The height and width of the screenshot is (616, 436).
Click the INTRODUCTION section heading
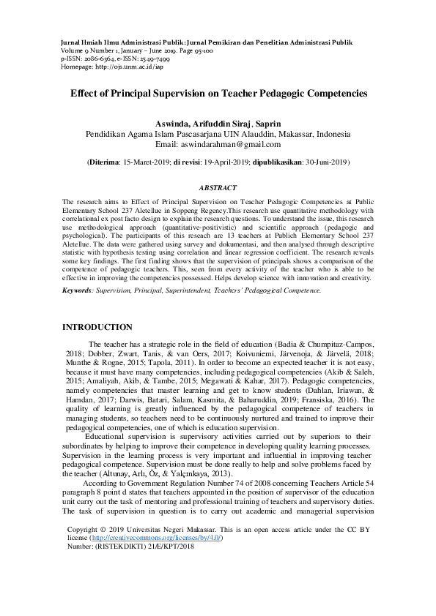point(97,326)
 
